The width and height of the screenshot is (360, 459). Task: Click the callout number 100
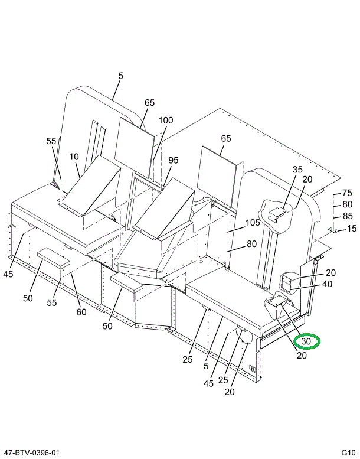[x=165, y=121]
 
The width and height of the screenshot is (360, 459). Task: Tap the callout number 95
[x=173, y=160]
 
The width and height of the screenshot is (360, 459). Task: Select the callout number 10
[x=74, y=157]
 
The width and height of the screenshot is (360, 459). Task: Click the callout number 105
[x=253, y=223]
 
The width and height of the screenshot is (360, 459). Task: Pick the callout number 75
[x=347, y=193]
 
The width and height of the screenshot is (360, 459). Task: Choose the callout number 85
[x=347, y=216]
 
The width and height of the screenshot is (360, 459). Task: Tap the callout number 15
[x=352, y=228]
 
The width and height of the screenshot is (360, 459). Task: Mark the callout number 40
[x=327, y=284]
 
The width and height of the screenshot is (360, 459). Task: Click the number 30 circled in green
[x=306, y=341]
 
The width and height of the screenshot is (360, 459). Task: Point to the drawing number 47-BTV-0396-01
[x=31, y=453]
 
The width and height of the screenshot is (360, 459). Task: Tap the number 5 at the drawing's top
[x=121, y=76]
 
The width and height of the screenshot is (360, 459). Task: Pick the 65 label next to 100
[x=149, y=102]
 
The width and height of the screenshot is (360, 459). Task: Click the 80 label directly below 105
[x=252, y=243]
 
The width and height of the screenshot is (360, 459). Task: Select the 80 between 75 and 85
[x=347, y=204]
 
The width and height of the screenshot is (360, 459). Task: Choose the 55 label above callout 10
[x=51, y=141]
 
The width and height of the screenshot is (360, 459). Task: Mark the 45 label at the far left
[x=8, y=274]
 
